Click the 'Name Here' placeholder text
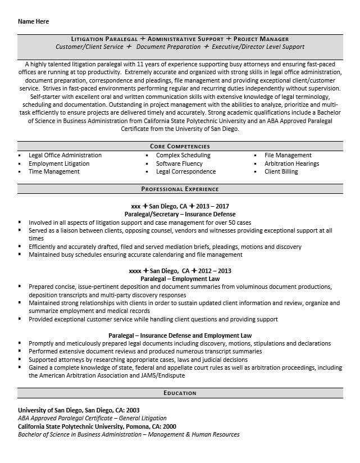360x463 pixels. click(33, 21)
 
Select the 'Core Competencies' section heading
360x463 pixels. click(180, 146)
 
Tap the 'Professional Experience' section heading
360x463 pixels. click(180, 189)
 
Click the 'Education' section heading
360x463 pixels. click(180, 393)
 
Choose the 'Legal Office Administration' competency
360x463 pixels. click(65, 155)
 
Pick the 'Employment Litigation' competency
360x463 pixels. click(59, 164)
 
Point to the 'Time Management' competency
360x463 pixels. click(54, 171)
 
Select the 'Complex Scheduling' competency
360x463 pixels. click(183, 155)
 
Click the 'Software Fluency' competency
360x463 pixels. click(180, 164)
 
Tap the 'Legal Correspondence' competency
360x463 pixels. click(186, 171)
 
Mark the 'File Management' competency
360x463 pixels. click(288, 155)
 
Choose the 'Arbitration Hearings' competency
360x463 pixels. click(292, 164)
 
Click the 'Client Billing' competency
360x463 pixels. click(281, 171)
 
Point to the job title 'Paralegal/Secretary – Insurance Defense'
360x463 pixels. click(180, 214)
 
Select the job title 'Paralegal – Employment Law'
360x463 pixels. click(180, 279)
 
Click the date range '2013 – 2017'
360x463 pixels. click(213, 206)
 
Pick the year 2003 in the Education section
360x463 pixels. click(133, 410)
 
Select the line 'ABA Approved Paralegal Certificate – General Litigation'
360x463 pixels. click(92, 418)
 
